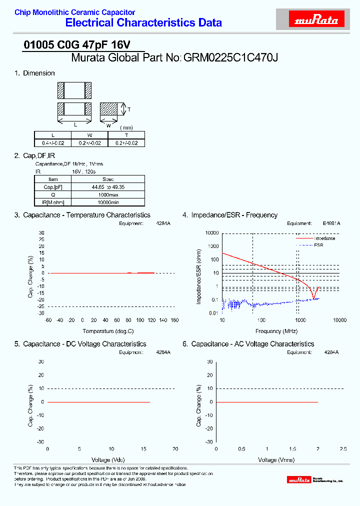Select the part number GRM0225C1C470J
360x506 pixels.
[231, 57]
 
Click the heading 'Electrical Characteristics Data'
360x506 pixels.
[144, 22]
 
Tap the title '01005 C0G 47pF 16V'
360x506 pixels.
[77, 44]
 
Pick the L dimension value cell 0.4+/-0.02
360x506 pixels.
[52, 143]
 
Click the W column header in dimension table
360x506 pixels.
[89, 135]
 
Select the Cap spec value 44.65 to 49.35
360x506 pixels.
[108, 186]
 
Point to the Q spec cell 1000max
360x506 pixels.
[108, 194]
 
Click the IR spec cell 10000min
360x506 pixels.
[108, 202]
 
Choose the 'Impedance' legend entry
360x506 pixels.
[324, 238]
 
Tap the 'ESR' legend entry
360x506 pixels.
[318, 245]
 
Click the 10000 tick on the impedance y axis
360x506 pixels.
[212, 233]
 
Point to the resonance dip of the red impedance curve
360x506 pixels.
[313, 298]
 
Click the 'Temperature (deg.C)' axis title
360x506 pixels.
[108, 331]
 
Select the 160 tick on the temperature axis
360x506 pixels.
[174, 320]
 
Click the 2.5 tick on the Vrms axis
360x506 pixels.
[343, 449]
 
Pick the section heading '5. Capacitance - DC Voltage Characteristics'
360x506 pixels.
[80, 344]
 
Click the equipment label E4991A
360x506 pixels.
[331, 223]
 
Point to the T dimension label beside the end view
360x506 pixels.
[129, 109]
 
